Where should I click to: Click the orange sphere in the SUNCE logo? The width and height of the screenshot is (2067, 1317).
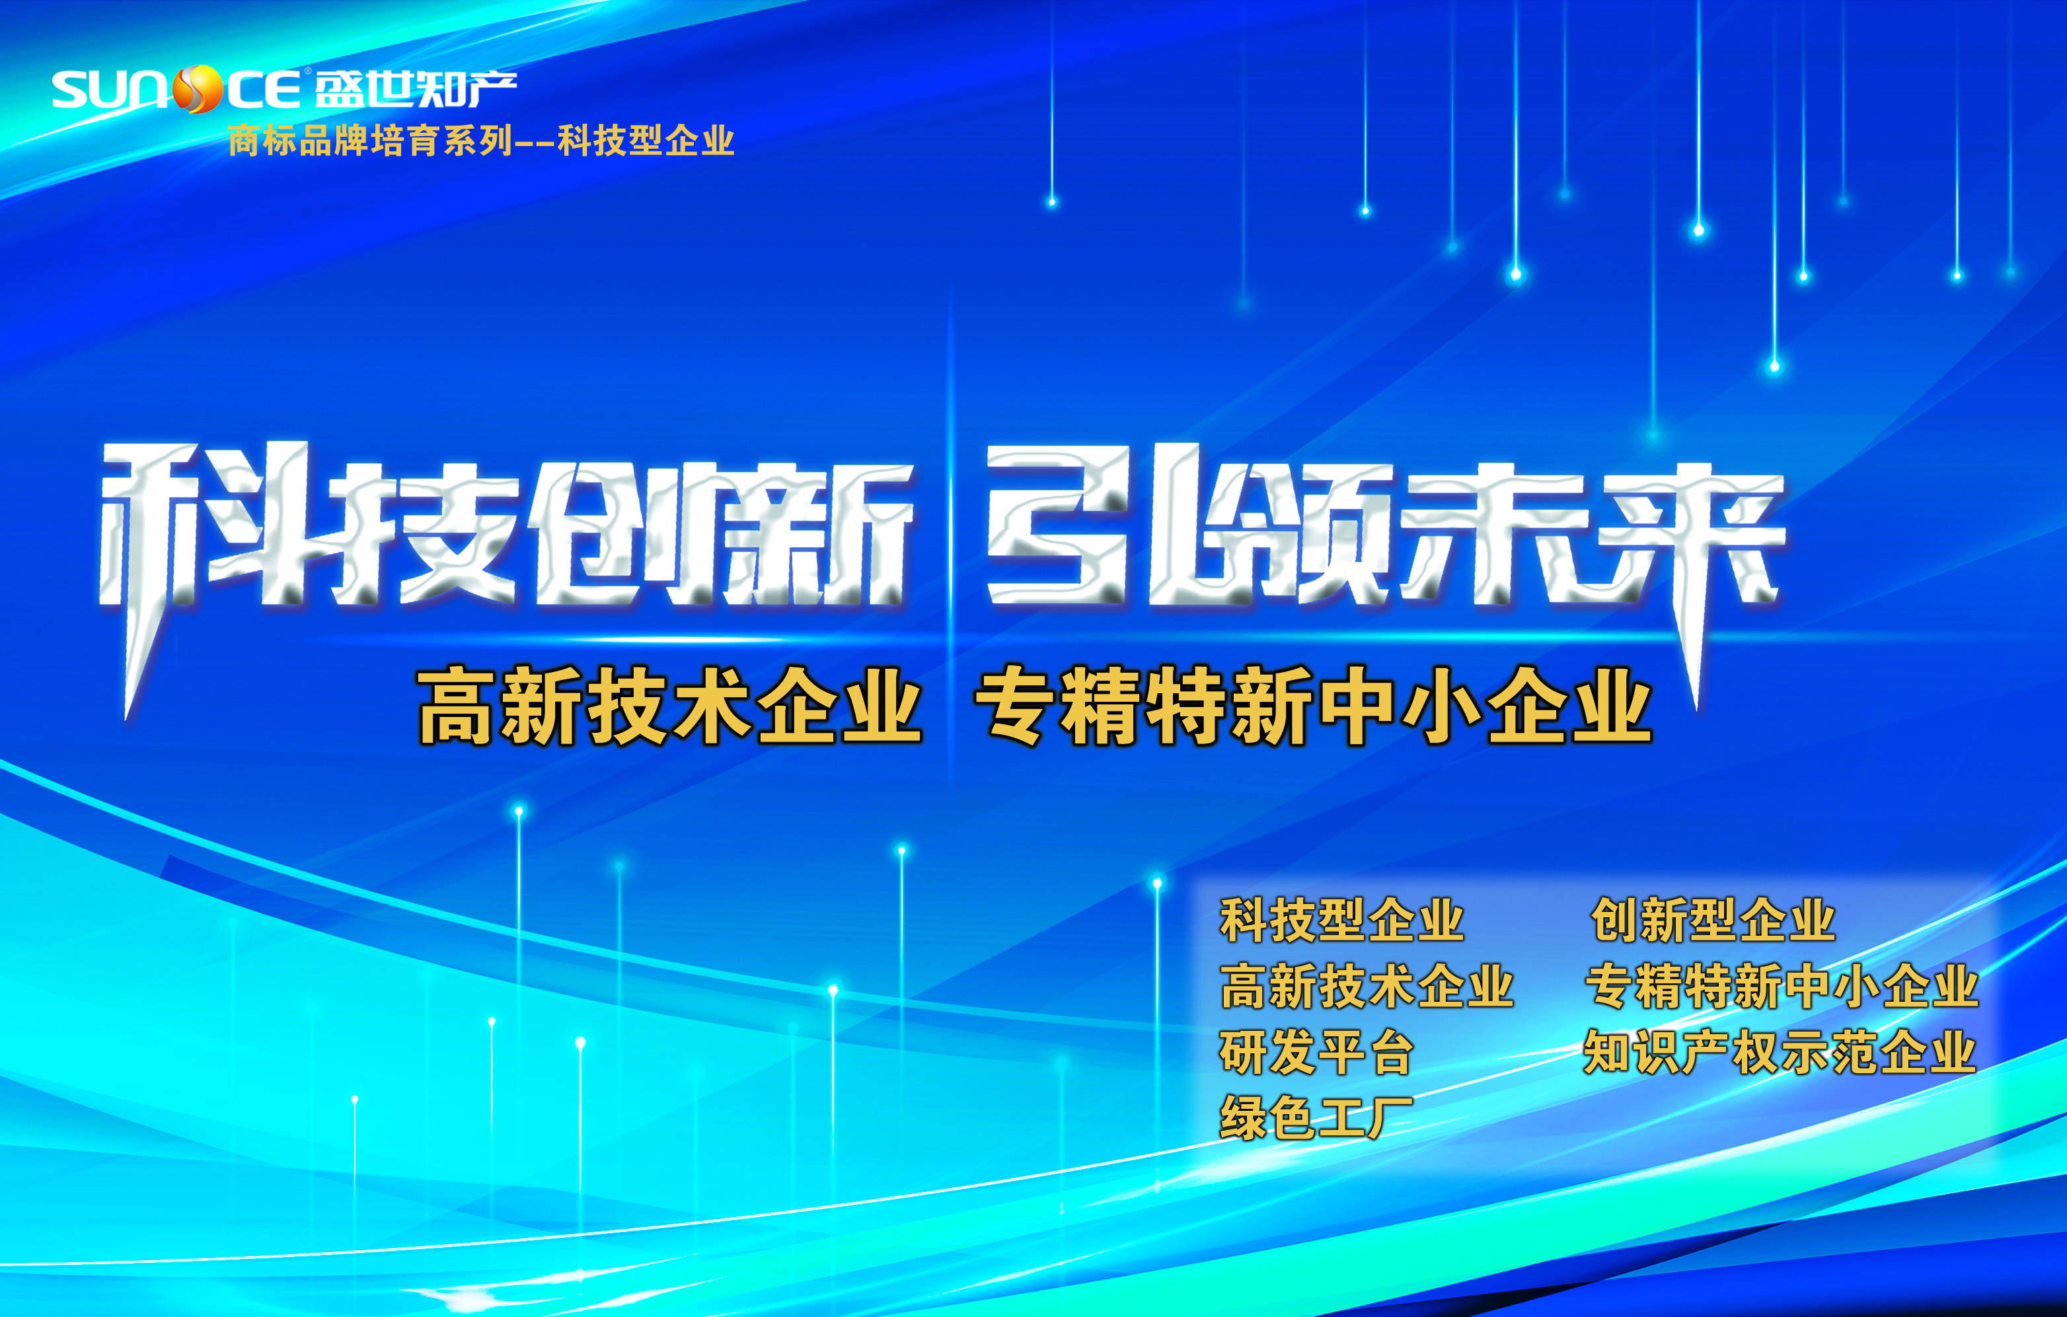198,89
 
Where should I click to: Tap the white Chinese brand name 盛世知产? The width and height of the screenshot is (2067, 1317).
416,89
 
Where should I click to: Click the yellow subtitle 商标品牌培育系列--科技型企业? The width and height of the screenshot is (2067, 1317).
480,141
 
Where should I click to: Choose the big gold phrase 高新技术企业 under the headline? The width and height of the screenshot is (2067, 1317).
669,706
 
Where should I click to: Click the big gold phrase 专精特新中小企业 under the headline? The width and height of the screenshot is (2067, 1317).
1313,706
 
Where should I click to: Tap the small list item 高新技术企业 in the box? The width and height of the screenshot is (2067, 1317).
1367,986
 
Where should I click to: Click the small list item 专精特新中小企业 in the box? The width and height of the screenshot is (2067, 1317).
1781,986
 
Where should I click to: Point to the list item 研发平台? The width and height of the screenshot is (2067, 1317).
1316,1052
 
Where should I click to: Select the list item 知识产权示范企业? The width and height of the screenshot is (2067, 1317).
1780,1052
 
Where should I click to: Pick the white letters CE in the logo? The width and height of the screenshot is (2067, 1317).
262,90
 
